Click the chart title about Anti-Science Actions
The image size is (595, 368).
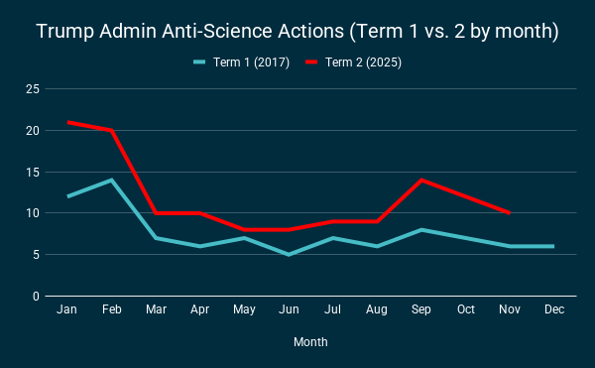coord(297,32)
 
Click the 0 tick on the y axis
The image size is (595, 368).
coord(36,297)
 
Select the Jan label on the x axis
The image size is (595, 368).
coord(67,310)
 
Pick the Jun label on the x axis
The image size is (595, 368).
coord(289,310)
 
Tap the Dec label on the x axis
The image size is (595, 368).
coord(554,310)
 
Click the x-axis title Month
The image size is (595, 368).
coord(310,342)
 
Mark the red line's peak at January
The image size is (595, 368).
coord(67,122)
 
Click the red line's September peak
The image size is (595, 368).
coord(421,180)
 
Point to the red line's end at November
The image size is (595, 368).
coord(510,213)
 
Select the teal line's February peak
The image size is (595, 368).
coord(112,180)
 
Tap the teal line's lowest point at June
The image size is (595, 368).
coord(289,255)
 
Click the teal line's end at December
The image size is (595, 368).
coord(553,246)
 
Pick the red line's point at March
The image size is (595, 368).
coord(156,213)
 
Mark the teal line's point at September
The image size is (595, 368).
coord(421,230)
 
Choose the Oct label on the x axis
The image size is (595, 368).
coord(466,310)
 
